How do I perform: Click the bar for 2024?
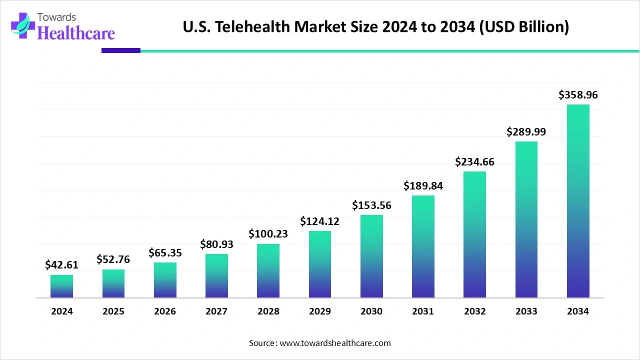[61, 286]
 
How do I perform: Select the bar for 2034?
[578, 201]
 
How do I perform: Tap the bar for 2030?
[371, 256]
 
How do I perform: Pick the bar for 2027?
[216, 276]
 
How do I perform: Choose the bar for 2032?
[474, 234]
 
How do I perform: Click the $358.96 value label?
[578, 94]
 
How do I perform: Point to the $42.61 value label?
[61, 264]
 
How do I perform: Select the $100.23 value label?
[268, 233]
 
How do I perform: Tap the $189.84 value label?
[423, 185]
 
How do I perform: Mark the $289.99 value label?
[526, 131]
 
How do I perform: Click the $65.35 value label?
[165, 252]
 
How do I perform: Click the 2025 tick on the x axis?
[113, 311]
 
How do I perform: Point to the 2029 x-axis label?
[320, 311]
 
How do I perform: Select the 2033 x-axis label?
[526, 311]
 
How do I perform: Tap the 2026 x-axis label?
[165, 311]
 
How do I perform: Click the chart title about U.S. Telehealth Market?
[375, 27]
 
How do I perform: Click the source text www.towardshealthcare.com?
[320, 343]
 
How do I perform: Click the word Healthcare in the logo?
[76, 33]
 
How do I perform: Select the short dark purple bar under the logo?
[121, 50]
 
